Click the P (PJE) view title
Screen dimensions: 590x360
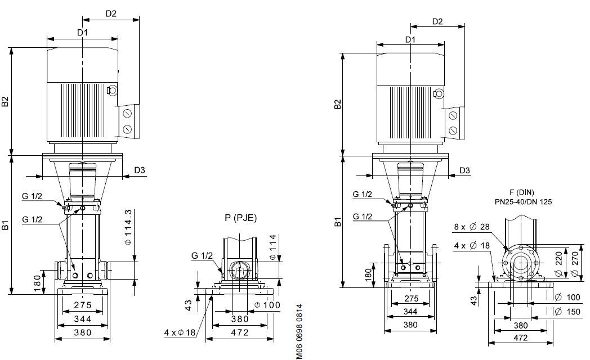pos(240,218)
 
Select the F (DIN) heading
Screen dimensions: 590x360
pos(521,193)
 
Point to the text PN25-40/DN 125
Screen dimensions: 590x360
pos(523,202)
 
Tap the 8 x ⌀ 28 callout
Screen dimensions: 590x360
pos(472,227)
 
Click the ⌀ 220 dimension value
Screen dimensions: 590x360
pos(559,263)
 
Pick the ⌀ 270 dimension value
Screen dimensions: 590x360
pos(575,263)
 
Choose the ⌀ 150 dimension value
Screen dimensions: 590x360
pos(568,312)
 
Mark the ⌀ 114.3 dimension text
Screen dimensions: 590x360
pos(128,228)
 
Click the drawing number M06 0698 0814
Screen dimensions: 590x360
pos(299,332)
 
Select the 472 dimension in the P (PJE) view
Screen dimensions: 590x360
pos(240,332)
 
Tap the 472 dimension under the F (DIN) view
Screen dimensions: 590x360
pos(520,338)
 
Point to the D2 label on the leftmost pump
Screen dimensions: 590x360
pos(111,13)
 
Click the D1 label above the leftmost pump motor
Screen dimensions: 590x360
pos(82,33)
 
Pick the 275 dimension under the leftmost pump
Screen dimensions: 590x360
pos(83,305)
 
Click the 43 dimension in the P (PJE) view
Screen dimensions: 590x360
pos(189,305)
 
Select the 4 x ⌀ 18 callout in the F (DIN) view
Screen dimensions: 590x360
pos(472,246)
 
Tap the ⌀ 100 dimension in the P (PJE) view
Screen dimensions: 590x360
pos(267,305)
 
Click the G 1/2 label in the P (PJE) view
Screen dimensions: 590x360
pos(202,255)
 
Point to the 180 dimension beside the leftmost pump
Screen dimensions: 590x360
pos(37,282)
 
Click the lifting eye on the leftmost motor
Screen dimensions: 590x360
pos(112,90)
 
